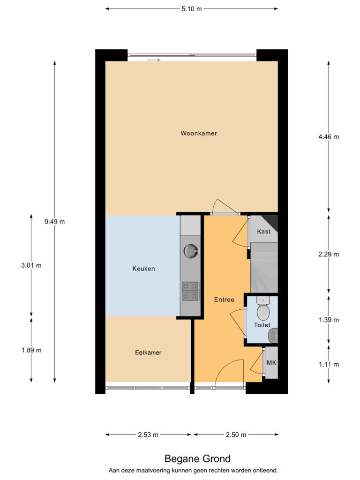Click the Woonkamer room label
[199, 133]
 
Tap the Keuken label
[143, 269]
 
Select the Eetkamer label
[148, 352]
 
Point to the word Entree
[224, 300]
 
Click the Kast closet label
[263, 232]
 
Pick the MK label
[271, 363]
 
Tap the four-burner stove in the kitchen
[190, 291]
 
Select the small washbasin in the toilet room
[273, 336]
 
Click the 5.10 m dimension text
[191, 9]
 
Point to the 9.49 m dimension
[54, 222]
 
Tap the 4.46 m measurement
[329, 137]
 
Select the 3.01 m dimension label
[31, 265]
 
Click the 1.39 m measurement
[329, 320]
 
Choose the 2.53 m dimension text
[148, 435]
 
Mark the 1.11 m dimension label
[329, 365]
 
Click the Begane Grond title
[197, 458]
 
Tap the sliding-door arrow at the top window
[153, 60]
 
